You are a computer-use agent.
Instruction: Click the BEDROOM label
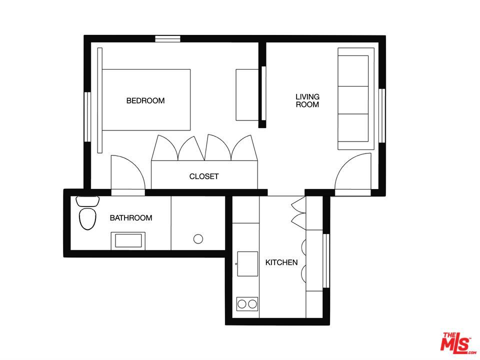145,100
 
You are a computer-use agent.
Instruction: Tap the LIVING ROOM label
307,100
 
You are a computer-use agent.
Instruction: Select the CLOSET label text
204,176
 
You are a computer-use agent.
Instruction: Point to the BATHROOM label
131,218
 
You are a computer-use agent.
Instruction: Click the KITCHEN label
281,262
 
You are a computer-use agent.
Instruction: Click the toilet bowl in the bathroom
87,218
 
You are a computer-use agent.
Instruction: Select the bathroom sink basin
128,240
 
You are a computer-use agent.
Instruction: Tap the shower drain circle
198,239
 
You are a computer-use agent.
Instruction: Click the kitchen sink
247,264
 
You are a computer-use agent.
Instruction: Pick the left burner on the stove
242,304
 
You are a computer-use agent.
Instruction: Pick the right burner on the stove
252,304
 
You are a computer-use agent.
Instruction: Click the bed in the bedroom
146,100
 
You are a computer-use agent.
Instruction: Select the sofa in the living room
356,98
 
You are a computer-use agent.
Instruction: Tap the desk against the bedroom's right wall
247,95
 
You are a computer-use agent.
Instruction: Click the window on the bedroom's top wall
167,39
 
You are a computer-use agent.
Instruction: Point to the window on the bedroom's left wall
87,117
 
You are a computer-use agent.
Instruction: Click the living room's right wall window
382,115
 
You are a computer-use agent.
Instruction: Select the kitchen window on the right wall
326,261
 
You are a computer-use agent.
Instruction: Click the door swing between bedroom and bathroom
127,172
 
